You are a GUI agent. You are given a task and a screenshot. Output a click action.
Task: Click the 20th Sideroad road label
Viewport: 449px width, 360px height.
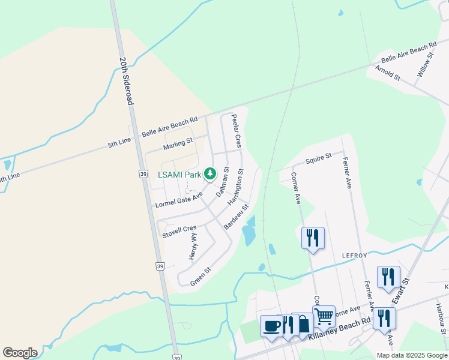126,81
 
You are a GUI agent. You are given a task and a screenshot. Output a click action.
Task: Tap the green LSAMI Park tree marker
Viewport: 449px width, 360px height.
209,174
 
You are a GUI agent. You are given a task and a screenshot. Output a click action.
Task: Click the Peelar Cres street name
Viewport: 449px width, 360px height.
237,131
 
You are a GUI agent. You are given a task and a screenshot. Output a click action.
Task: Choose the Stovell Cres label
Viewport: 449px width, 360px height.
179,232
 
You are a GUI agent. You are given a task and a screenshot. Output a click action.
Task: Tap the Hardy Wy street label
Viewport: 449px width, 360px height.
193,247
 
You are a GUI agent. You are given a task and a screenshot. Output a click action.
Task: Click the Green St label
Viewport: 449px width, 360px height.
201,275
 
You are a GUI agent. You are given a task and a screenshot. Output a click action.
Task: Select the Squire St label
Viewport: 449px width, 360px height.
319,158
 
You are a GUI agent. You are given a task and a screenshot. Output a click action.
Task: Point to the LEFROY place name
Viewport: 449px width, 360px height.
354,256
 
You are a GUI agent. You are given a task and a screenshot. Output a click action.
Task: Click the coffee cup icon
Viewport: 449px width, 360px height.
271,326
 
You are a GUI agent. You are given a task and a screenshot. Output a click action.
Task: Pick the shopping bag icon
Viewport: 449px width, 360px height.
304,324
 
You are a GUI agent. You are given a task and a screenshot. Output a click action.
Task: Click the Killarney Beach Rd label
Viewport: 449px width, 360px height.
340,331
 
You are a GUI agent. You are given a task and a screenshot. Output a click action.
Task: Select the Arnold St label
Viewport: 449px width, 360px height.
388,73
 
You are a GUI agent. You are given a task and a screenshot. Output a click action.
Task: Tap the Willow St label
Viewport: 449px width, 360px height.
426,67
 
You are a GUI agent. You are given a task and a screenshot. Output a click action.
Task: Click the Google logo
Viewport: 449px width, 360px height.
20,353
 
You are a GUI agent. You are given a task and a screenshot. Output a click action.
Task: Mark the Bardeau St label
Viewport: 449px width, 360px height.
236,217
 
